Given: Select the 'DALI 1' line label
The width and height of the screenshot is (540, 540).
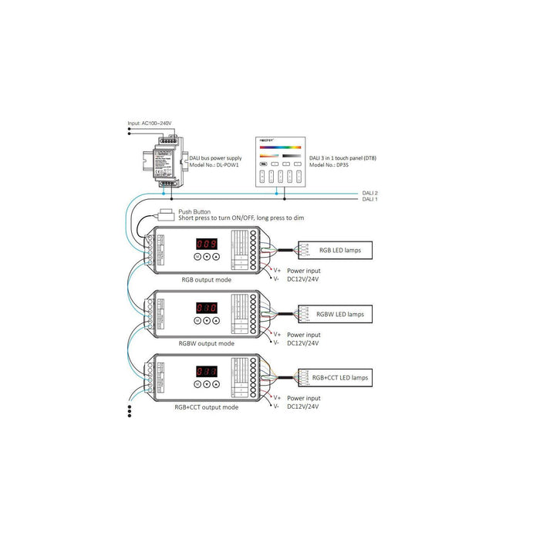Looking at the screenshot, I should [x=370, y=199].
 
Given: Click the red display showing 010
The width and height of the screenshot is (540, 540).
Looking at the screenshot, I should [x=205, y=306].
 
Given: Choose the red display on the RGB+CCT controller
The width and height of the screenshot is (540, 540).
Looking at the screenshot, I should [x=205, y=370].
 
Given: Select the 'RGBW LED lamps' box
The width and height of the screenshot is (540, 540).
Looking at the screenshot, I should [x=334, y=314].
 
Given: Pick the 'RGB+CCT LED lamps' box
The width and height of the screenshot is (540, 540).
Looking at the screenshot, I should [x=339, y=378].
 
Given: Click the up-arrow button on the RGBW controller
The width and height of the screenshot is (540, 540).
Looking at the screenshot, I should [x=216, y=320].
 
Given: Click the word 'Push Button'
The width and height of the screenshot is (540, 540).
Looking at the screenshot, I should [x=194, y=211].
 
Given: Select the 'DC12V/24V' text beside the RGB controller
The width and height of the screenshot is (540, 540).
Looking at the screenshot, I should [x=303, y=279].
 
